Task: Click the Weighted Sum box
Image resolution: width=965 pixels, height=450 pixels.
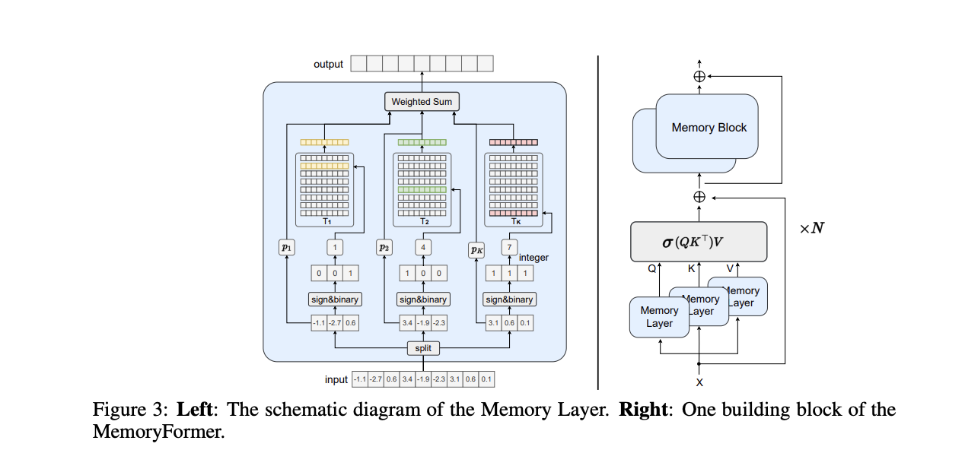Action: click(x=421, y=102)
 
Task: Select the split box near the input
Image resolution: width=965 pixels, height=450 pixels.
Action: click(x=423, y=348)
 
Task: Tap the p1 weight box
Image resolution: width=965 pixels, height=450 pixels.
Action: click(x=287, y=248)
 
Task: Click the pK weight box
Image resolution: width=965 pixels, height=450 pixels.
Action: click(x=476, y=249)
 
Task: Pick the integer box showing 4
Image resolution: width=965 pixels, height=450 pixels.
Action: click(x=423, y=248)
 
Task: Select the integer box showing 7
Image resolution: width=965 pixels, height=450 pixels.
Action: click(x=509, y=248)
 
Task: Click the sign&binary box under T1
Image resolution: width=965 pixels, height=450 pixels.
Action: click(x=334, y=299)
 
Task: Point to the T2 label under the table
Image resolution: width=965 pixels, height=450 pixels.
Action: click(x=423, y=221)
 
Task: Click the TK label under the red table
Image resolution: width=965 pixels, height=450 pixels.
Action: click(x=515, y=221)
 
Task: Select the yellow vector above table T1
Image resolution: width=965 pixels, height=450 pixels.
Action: click(x=325, y=142)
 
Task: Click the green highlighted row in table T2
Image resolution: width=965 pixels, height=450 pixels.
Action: click(x=422, y=189)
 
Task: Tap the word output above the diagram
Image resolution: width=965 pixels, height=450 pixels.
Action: click(x=329, y=64)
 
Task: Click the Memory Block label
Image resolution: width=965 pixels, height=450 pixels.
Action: click(x=709, y=128)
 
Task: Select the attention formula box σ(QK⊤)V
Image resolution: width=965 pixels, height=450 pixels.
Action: click(x=699, y=242)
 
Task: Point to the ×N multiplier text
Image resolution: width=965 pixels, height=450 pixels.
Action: click(x=811, y=228)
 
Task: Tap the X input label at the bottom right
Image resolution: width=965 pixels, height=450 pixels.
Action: click(x=699, y=382)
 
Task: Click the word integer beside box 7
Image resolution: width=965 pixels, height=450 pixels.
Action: click(x=533, y=258)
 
